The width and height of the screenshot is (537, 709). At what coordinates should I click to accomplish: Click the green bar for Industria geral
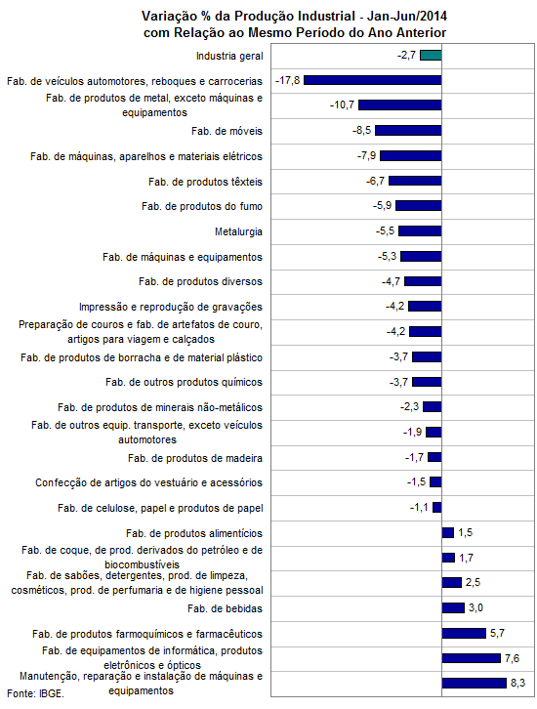click(x=431, y=55)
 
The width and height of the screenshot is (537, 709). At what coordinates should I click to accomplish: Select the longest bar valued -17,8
click(x=372, y=80)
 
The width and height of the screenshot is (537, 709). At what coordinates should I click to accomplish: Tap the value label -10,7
click(x=342, y=104)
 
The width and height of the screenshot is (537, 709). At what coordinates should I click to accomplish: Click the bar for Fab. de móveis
click(x=408, y=130)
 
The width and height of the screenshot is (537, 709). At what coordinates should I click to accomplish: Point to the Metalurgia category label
click(x=238, y=231)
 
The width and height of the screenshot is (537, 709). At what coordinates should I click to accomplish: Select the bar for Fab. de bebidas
click(x=453, y=607)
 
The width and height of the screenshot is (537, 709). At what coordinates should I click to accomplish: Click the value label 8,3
click(x=517, y=683)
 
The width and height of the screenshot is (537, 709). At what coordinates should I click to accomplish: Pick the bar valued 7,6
click(x=472, y=658)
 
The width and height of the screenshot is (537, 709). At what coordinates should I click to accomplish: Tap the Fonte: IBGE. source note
click(x=35, y=693)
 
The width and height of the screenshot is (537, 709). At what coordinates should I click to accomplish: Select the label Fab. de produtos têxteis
click(x=205, y=182)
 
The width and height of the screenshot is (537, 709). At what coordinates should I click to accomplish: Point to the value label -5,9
click(x=382, y=206)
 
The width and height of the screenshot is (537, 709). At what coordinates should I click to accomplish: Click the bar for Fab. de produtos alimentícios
click(x=448, y=532)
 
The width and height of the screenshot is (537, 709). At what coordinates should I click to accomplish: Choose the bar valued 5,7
click(x=464, y=633)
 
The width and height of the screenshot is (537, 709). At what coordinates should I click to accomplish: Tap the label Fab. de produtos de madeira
click(x=195, y=458)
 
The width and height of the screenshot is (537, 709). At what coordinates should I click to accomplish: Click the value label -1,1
click(x=419, y=507)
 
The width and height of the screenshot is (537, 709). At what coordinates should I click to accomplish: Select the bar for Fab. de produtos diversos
click(x=423, y=281)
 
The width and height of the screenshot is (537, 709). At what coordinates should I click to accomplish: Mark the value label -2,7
click(x=406, y=55)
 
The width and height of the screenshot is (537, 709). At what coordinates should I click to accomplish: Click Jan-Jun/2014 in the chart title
click(x=407, y=17)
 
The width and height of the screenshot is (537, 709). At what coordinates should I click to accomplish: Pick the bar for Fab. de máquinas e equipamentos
click(x=421, y=257)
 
